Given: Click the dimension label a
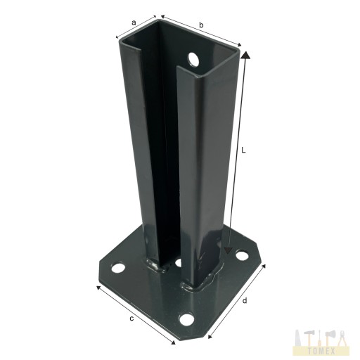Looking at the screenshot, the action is (x=134, y=22).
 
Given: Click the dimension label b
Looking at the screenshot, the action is (x=201, y=25).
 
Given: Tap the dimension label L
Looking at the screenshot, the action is (x=243, y=150).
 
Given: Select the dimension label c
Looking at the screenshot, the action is (x=131, y=319).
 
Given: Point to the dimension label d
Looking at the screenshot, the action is (x=245, y=300).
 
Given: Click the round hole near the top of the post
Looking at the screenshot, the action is (x=193, y=58).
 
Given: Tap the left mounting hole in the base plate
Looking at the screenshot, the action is (x=118, y=267).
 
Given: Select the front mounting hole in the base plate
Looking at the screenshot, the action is (x=186, y=319).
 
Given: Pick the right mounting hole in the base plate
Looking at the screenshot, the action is (x=242, y=255).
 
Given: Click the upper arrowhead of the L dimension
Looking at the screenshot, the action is (x=245, y=55).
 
